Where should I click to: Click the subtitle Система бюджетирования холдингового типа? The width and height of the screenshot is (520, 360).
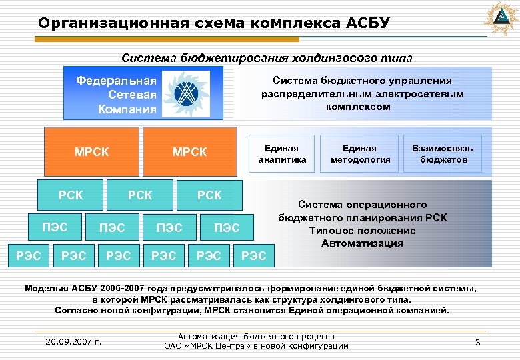coord(267,58)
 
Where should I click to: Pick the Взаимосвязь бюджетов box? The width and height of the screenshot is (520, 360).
coord(442,153)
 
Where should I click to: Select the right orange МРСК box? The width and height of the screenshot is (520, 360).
coord(189,152)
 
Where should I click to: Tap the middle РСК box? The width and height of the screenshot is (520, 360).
coord(140,195)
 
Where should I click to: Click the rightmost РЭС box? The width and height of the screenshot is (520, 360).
coord(253,255)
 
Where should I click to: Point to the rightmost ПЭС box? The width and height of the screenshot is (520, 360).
coord(227,228)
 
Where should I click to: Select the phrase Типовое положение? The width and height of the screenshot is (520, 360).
coord(362,231)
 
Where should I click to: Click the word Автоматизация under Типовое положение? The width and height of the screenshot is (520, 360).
coord(362,243)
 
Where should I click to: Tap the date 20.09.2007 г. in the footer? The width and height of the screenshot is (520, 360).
coord(73,342)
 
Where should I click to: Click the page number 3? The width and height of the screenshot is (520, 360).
coord(477,342)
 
